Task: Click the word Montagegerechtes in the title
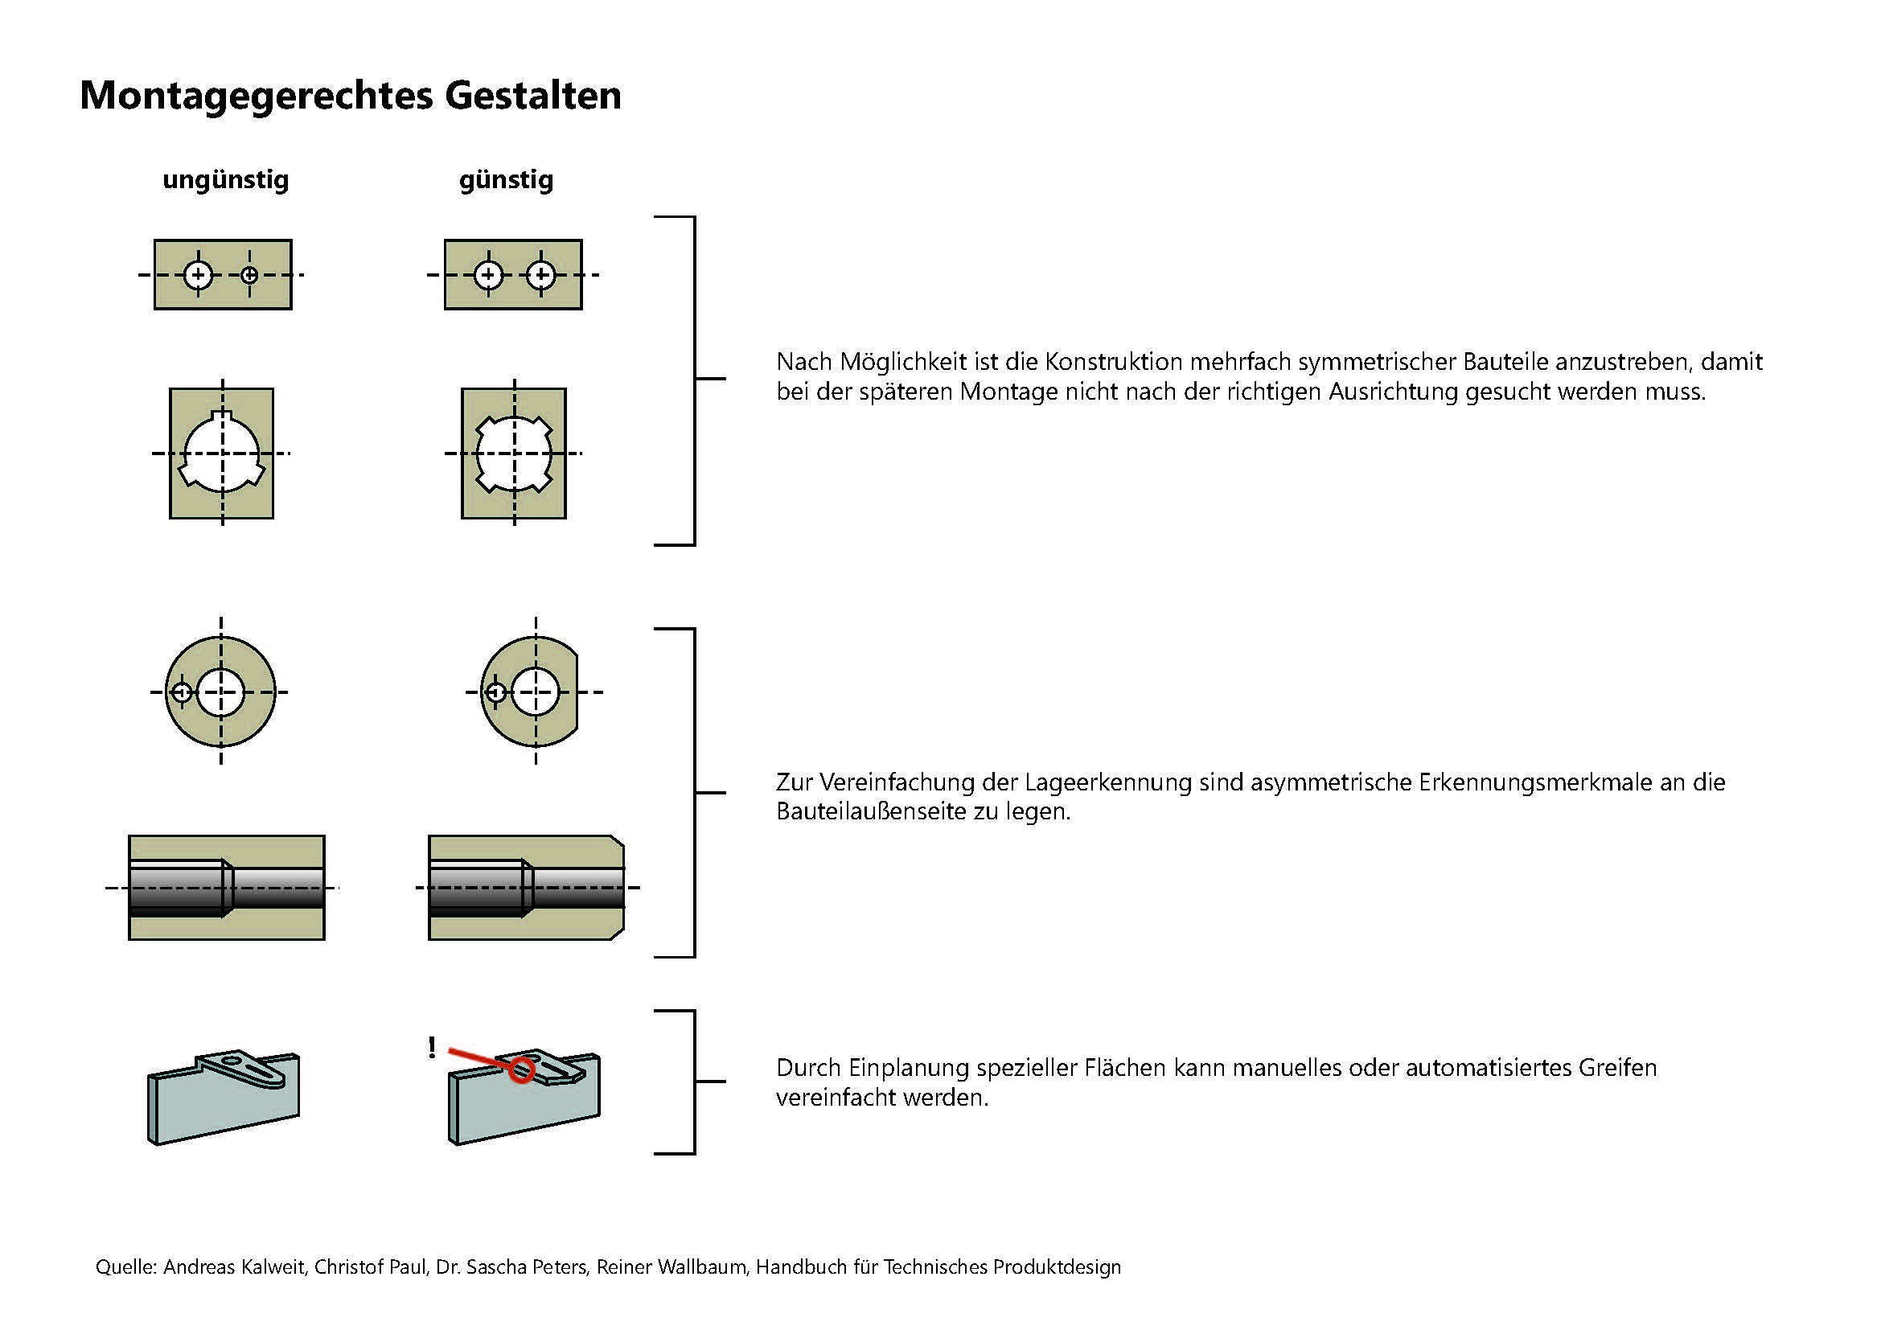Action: click(256, 96)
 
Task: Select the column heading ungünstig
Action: click(225, 179)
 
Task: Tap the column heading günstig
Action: click(506, 179)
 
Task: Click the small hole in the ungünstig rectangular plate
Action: click(250, 275)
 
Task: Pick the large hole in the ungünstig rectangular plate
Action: click(198, 275)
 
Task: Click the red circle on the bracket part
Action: click(521, 1069)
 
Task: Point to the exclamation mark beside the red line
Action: click(432, 1047)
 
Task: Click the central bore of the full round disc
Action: click(220, 692)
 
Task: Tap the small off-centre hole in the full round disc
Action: click(182, 693)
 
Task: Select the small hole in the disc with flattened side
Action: click(495, 693)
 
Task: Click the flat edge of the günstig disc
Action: click(577, 692)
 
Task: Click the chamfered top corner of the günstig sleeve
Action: click(618, 842)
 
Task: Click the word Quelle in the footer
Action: click(125, 1267)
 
